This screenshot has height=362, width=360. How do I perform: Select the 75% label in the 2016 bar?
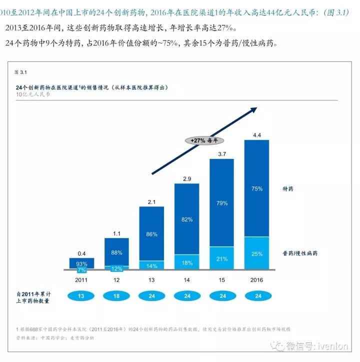tap(256, 189)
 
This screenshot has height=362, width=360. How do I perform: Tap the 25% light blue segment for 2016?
tap(256, 254)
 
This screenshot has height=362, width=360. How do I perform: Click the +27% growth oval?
tap(204, 140)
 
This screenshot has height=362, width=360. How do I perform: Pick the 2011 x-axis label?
tap(81, 279)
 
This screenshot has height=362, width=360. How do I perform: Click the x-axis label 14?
tap(186, 279)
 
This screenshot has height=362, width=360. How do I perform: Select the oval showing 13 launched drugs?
tap(81, 296)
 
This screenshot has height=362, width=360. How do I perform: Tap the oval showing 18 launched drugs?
tap(116, 296)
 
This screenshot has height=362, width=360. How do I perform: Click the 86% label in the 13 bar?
tap(151, 234)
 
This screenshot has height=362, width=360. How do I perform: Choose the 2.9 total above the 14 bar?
tap(186, 179)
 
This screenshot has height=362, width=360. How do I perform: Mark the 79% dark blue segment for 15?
tap(221, 203)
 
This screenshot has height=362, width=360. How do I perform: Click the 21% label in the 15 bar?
tap(221, 258)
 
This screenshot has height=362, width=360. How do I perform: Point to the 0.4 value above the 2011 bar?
tap(81, 253)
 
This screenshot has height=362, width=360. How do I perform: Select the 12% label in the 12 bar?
tap(116, 268)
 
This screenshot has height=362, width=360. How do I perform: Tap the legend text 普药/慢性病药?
tap(299, 253)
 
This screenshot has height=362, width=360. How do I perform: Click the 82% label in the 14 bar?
tap(186, 219)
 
